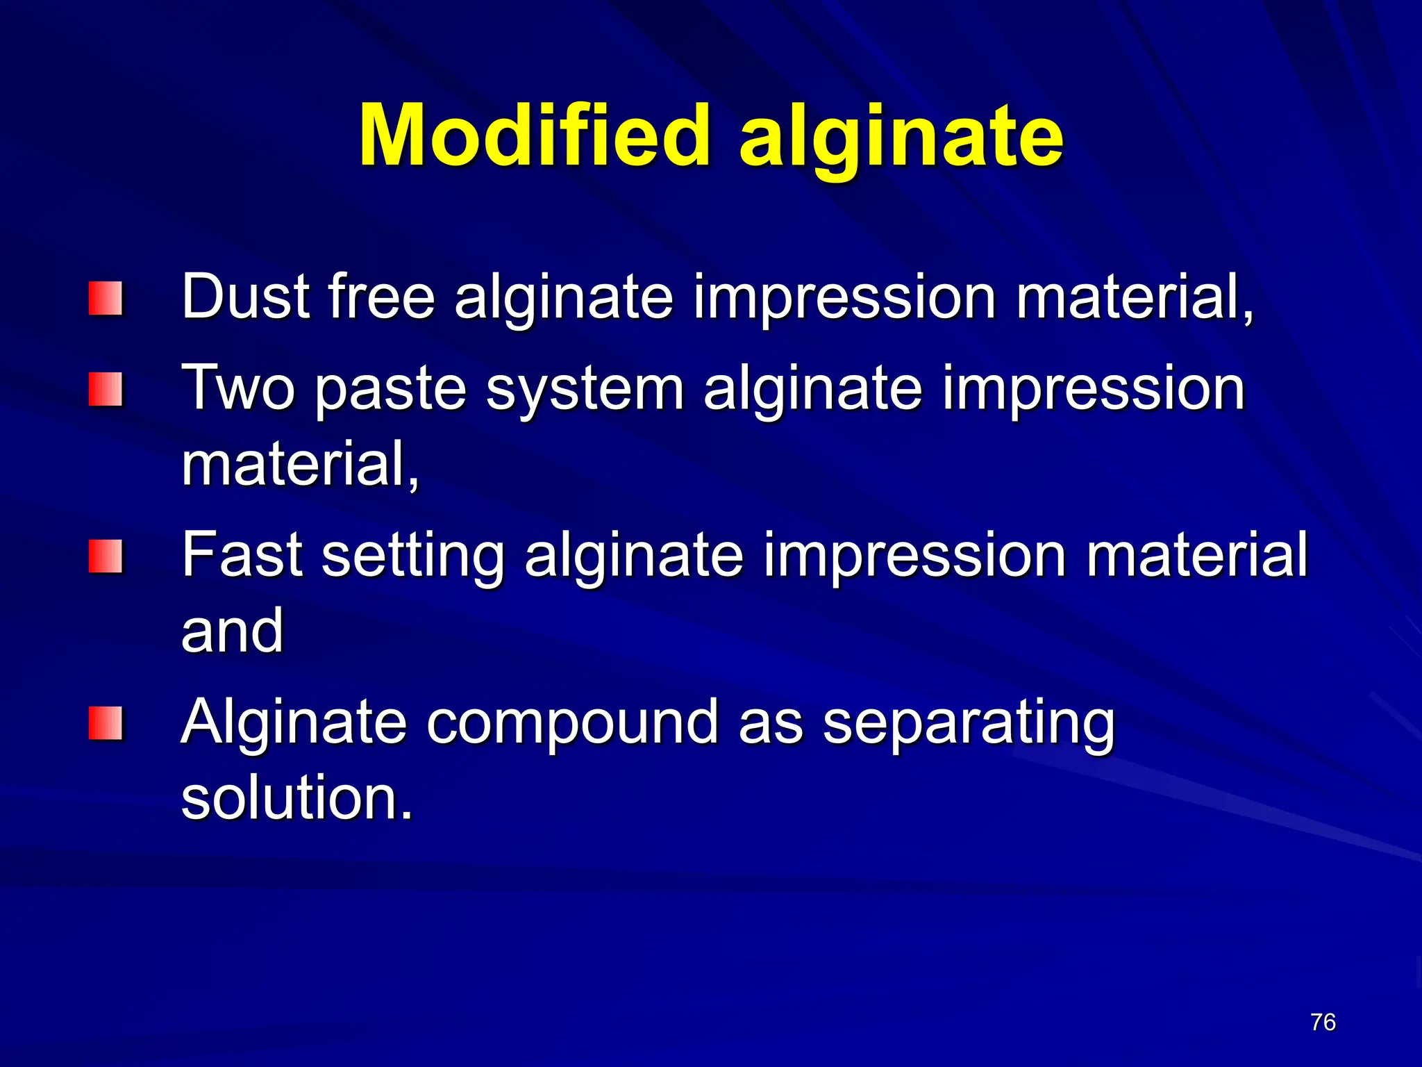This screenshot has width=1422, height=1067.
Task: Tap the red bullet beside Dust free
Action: tap(106, 298)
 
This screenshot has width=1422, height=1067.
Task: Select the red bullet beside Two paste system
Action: tap(106, 388)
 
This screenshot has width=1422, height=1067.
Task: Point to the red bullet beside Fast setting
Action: tap(106, 556)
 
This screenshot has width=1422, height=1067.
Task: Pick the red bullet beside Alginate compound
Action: tap(106, 722)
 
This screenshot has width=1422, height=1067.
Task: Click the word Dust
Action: tap(245, 297)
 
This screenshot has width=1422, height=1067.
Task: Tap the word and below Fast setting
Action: tap(232, 630)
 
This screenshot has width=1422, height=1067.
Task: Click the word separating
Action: tap(968, 724)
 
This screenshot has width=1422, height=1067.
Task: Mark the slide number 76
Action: tap(1323, 1022)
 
